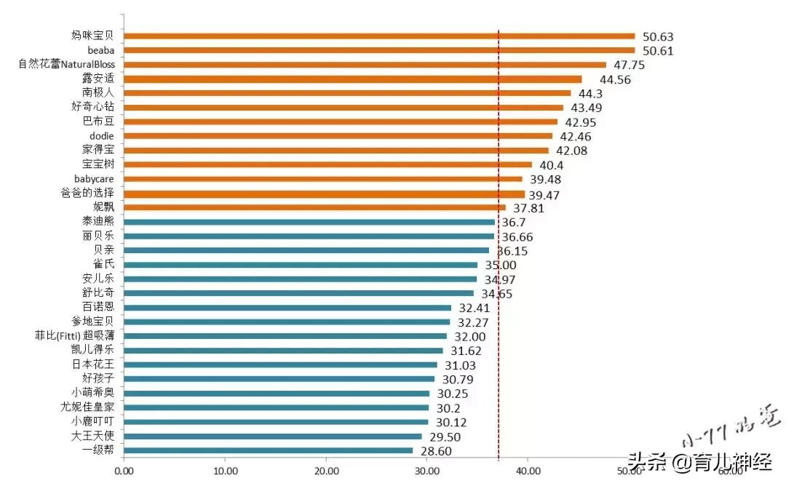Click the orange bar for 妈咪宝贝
(378, 36)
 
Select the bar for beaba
(378, 50)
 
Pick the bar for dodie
(338, 136)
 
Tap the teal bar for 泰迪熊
(309, 222)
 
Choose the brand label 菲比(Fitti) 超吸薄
(75, 335)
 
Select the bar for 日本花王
(280, 364)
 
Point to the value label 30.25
(452, 394)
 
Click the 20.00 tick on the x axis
(326, 471)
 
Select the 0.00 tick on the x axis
(124, 471)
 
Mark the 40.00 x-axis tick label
(528, 471)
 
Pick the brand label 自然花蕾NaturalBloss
(67, 64)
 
